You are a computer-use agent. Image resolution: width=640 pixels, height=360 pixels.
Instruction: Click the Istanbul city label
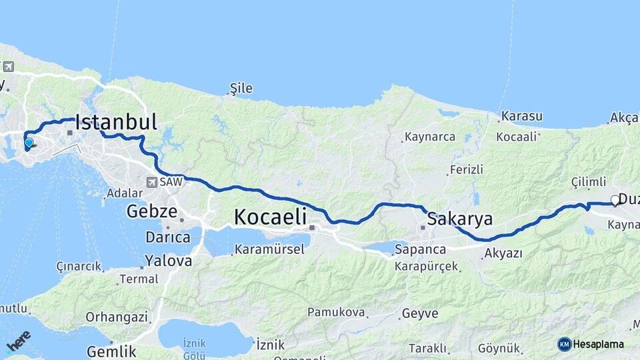(116, 122)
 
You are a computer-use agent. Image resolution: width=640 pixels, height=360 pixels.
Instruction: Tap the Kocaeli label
(270, 217)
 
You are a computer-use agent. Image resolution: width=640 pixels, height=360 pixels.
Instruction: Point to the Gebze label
(152, 213)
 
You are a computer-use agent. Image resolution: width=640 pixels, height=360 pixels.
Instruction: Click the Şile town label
(241, 88)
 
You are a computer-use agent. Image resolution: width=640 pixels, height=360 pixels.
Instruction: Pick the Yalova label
(168, 260)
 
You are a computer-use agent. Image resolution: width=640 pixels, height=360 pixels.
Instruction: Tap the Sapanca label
(420, 249)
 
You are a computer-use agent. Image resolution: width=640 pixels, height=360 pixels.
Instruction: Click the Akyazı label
(503, 253)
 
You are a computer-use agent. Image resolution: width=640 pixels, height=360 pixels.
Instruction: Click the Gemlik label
(112, 351)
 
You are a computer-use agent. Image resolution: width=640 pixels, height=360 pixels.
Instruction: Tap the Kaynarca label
(433, 137)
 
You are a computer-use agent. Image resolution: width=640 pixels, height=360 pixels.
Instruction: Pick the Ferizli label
(466, 169)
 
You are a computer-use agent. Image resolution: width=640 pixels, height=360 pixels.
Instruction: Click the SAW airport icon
(153, 181)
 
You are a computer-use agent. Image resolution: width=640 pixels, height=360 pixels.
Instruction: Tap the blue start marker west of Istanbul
(28, 143)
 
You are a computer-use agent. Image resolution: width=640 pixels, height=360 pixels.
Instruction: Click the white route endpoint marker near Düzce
(615, 200)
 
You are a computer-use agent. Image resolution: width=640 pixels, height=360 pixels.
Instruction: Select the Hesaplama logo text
(598, 344)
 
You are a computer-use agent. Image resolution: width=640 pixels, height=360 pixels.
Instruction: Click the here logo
(18, 341)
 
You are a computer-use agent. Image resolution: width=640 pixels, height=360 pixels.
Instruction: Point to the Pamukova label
(336, 312)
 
